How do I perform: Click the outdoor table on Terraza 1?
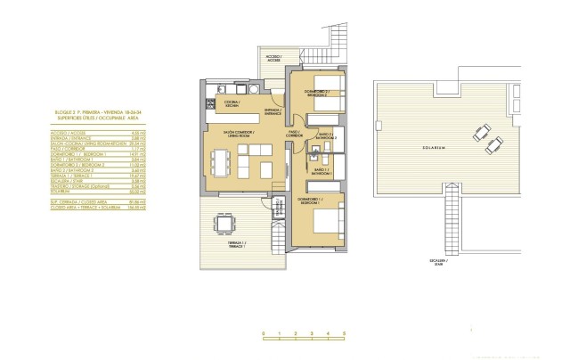click(x=224, y=222)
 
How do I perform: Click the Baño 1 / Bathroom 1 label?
click(x=321, y=170)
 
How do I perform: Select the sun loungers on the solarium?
click(x=482, y=135)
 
